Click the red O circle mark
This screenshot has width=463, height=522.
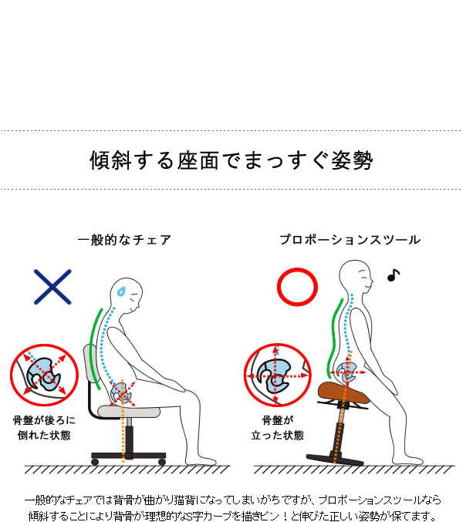297,287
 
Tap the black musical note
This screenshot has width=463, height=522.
393,275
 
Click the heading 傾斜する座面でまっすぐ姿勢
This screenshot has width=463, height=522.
231,161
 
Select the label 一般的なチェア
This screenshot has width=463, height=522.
125,240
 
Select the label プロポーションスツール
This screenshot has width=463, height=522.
350,240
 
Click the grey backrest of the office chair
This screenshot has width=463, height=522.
91,365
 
